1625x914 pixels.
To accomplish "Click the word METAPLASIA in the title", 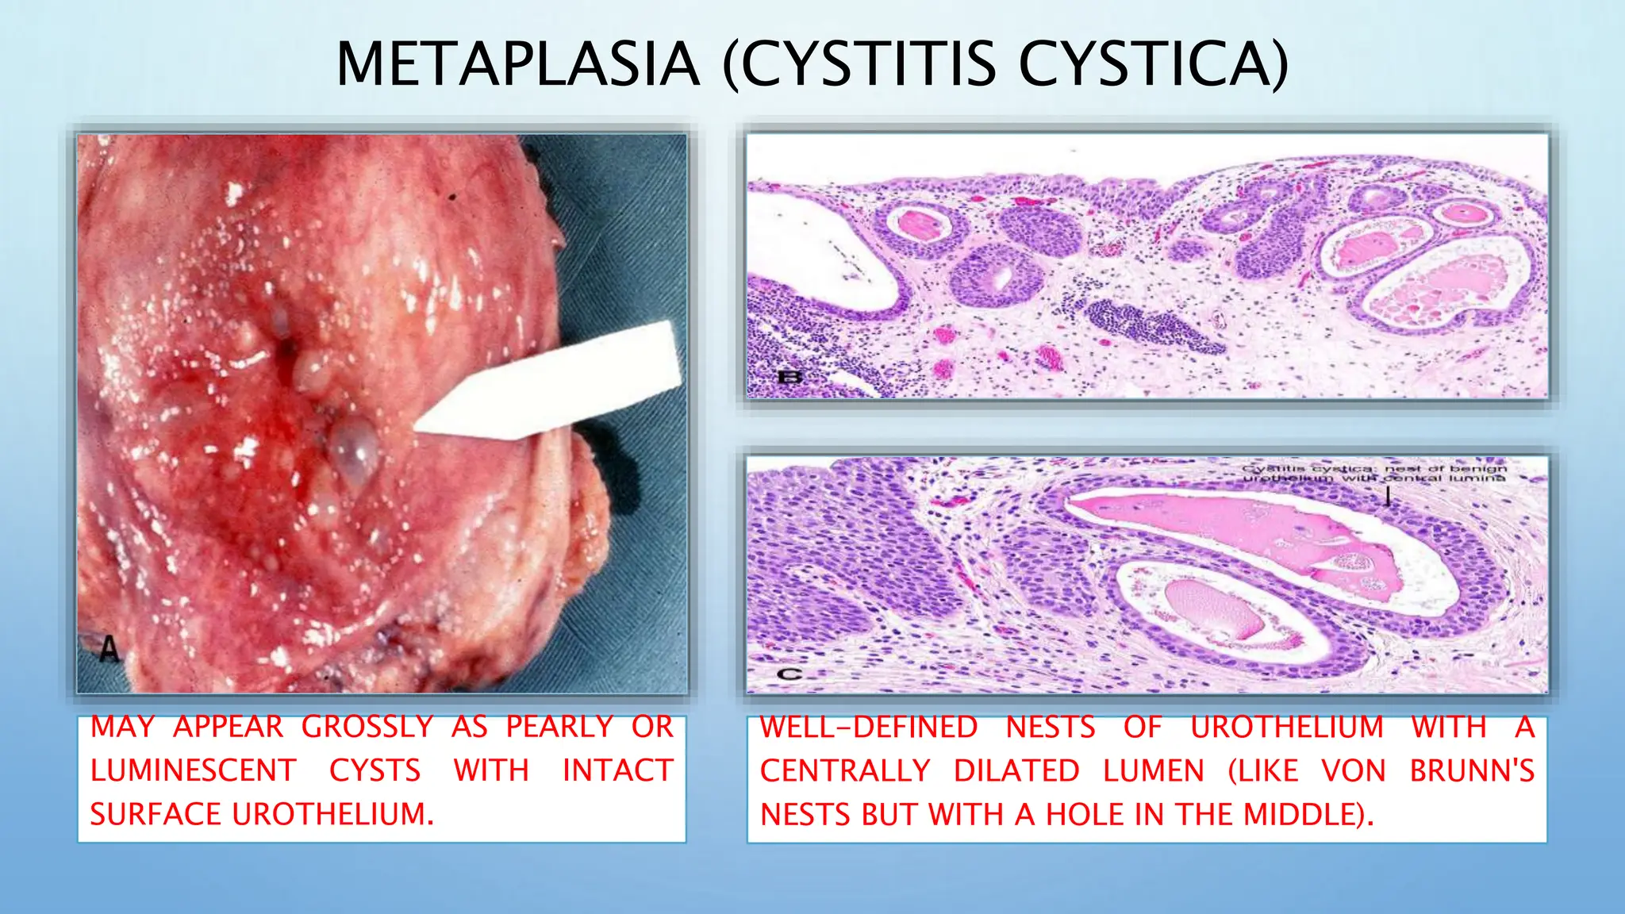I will pyautogui.click(x=518, y=63).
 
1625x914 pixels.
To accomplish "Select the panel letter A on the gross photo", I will pyautogui.click(x=109, y=650).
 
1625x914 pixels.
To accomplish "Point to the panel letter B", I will pyautogui.click(x=789, y=376).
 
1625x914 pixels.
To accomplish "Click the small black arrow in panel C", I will pyautogui.click(x=1387, y=496).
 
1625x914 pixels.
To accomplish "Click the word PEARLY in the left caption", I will pyautogui.click(x=559, y=727).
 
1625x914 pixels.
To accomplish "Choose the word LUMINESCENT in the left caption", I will pyautogui.click(x=194, y=770).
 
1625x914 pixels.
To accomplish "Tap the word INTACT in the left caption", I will pyautogui.click(x=617, y=770).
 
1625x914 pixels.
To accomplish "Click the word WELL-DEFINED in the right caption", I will pyautogui.click(x=868, y=727).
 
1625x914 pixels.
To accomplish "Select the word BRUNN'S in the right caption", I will pyautogui.click(x=1472, y=770).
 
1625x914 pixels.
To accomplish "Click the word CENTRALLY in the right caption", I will pyautogui.click(x=845, y=770).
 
